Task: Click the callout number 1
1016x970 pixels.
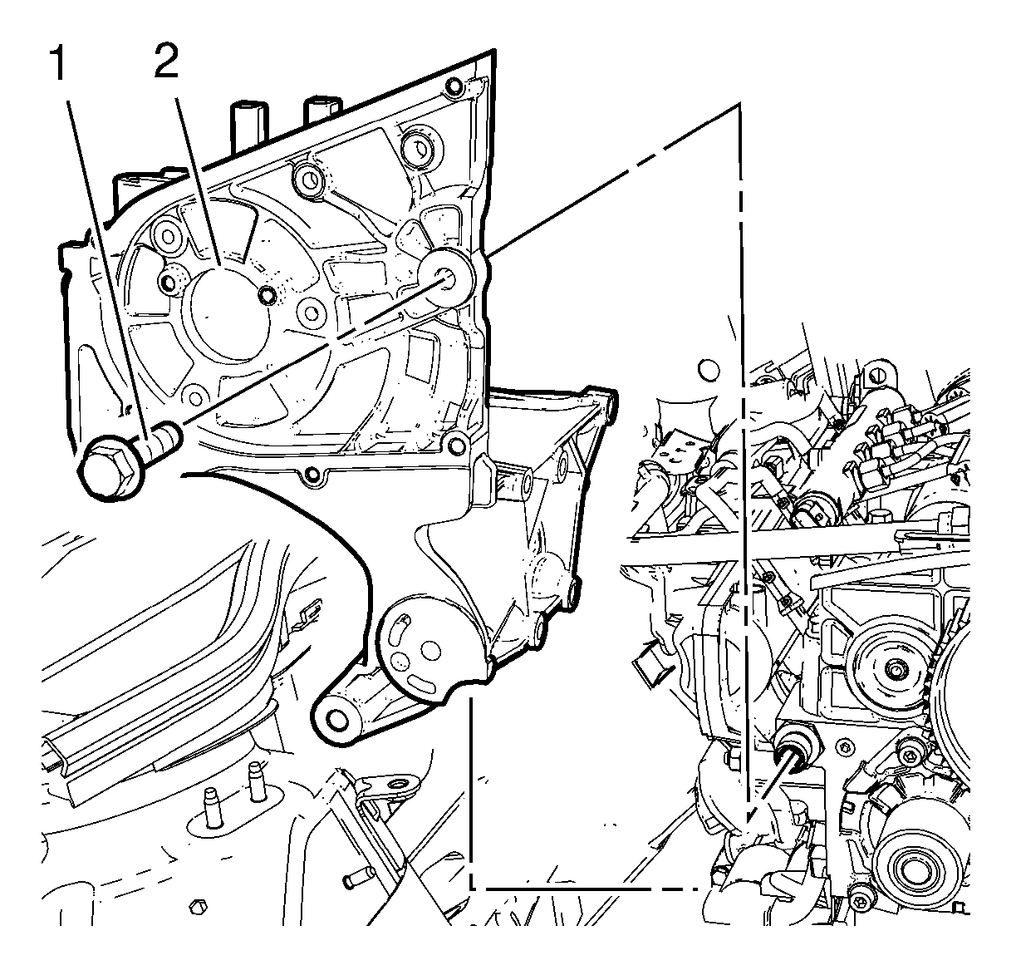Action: (60, 63)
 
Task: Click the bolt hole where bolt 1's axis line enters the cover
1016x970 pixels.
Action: (445, 278)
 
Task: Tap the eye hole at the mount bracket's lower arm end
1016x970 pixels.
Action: (336, 719)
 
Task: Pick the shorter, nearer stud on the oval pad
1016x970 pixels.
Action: (213, 805)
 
